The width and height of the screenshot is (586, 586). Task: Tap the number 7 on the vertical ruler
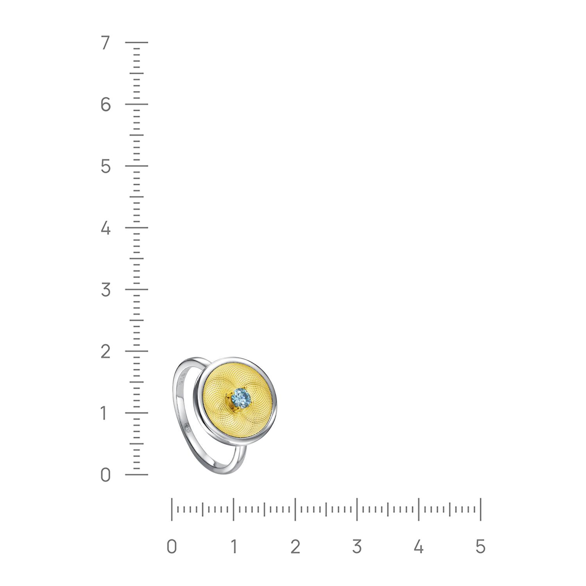click(x=105, y=43)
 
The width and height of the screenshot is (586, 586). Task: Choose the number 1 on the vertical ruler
click(x=104, y=413)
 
